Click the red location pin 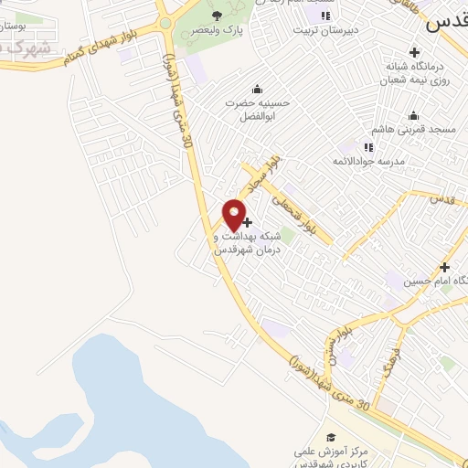pyautogui.click(x=235, y=215)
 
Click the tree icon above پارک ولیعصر pyautogui.click(x=216, y=16)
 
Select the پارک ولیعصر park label pyautogui.click(x=217, y=29)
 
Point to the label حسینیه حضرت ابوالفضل pyautogui.click(x=257, y=110)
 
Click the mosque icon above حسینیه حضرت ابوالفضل pyautogui.click(x=257, y=89)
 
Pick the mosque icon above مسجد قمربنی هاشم pyautogui.click(x=414, y=115)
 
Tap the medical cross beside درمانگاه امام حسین pyautogui.click(x=444, y=267)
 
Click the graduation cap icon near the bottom pyautogui.click(x=331, y=437)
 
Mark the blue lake pyautogui.click(x=137, y=402)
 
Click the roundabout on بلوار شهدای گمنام pyautogui.click(x=165, y=23)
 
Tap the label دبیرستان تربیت pyautogui.click(x=321, y=29)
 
